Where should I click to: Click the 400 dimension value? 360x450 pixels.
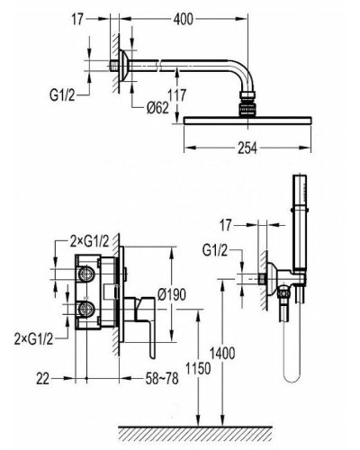click(x=183, y=20)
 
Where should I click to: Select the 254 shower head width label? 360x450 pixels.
click(x=247, y=148)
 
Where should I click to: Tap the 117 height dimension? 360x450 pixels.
click(x=177, y=95)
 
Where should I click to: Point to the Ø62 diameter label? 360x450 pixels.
click(x=157, y=108)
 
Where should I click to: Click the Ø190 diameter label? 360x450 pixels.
click(x=172, y=294)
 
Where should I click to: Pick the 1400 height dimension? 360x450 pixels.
click(x=222, y=353)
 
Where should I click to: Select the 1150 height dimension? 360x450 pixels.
click(x=198, y=368)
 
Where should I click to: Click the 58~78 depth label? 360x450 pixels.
click(x=162, y=379)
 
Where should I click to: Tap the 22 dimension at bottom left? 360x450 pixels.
click(x=42, y=379)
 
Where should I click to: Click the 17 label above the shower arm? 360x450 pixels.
click(x=77, y=20)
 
